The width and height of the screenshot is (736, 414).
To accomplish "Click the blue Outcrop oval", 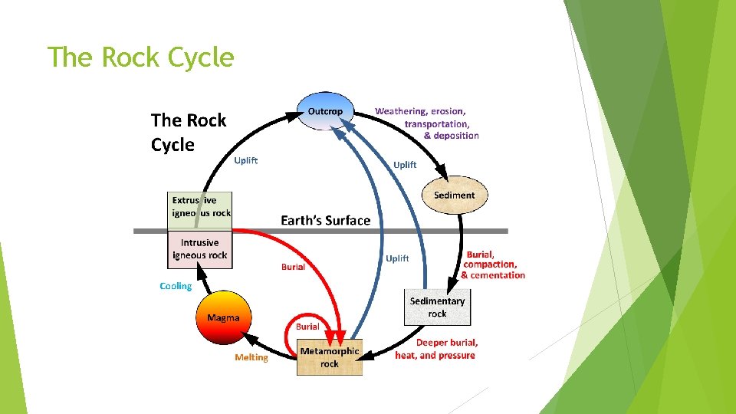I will tap(325, 112).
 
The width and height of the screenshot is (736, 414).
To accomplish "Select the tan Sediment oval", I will tap(454, 195).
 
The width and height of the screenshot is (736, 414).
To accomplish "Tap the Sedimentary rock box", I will tap(437, 307).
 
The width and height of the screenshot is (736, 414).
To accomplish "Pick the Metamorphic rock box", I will tap(329, 357).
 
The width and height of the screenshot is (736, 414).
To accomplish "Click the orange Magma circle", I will tap(223, 317).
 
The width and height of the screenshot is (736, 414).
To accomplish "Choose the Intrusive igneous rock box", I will tap(200, 249).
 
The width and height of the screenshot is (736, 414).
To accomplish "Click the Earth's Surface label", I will tap(325, 221).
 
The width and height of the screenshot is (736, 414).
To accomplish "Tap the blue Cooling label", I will tap(176, 286).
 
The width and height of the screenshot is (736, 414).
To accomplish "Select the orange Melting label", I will tap(251, 357).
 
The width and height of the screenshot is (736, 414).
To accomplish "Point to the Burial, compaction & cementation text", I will tap(493, 264).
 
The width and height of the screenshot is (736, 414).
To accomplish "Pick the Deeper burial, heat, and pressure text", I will tap(435, 349).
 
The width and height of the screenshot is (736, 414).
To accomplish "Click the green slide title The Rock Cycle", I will tap(140, 57).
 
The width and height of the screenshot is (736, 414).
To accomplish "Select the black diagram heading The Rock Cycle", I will tap(188, 132).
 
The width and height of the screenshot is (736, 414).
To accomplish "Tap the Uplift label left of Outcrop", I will tap(246, 160).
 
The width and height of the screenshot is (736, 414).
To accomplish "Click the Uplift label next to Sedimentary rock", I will tap(397, 258).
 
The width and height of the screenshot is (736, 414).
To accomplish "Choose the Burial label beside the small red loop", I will tap(307, 326).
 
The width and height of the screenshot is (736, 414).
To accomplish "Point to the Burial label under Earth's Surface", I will tap(293, 267).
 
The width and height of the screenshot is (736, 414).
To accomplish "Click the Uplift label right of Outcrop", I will tap(405, 165).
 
